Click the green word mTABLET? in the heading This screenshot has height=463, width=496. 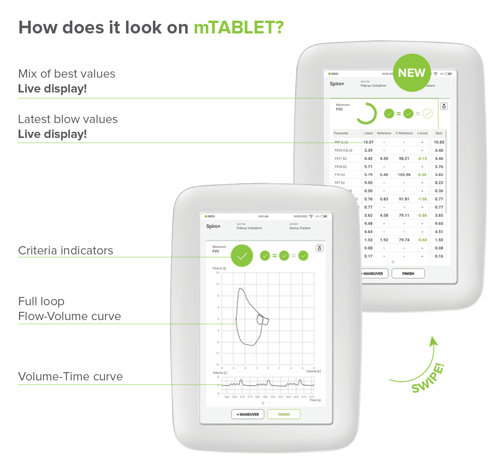238,28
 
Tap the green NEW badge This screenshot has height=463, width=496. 412,73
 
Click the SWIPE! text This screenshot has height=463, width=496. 428,378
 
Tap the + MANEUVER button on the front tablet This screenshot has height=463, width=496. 248,414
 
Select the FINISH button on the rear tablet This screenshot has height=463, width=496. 408,273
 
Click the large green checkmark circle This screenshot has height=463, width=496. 242,256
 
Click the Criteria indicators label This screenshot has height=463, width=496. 66,251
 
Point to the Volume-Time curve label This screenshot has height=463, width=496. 70,377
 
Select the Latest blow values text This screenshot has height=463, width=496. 68,119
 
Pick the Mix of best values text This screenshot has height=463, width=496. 67,74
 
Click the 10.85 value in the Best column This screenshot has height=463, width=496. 439,142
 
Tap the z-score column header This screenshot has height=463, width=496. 422,133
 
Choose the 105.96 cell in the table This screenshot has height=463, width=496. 404,175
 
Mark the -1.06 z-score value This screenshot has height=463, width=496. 422,199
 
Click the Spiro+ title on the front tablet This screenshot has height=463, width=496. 213,226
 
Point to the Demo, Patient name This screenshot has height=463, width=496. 300,228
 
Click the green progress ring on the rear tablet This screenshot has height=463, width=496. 366,114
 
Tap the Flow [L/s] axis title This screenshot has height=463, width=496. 219,268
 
